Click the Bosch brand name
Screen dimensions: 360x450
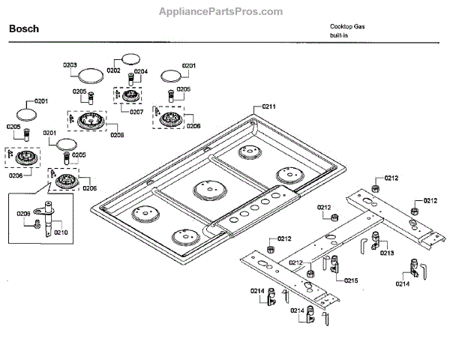click(x=24, y=29)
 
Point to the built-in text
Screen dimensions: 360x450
click(x=339, y=35)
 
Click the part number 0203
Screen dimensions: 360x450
click(x=70, y=65)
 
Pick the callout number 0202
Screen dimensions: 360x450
click(x=113, y=70)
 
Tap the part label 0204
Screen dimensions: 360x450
click(x=140, y=72)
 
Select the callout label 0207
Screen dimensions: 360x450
click(x=136, y=111)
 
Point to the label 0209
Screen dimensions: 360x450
click(x=23, y=214)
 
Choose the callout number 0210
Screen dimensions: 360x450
click(x=60, y=232)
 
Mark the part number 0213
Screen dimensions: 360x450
click(x=387, y=253)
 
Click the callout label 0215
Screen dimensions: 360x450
click(x=351, y=280)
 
